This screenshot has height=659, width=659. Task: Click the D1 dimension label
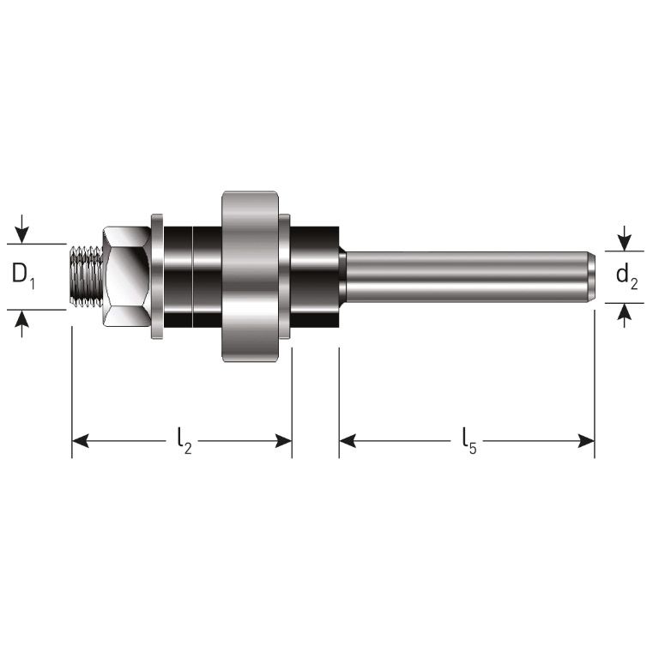(23, 276)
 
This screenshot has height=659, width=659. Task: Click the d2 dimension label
(627, 276)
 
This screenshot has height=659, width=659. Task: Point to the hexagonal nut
(127, 276)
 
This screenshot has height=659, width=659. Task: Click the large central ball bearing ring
(251, 276)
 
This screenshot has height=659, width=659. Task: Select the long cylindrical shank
(463, 276)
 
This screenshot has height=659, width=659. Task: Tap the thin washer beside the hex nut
(157, 276)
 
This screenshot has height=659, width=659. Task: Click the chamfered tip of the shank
(591, 276)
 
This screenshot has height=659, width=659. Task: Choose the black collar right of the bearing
(315, 276)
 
